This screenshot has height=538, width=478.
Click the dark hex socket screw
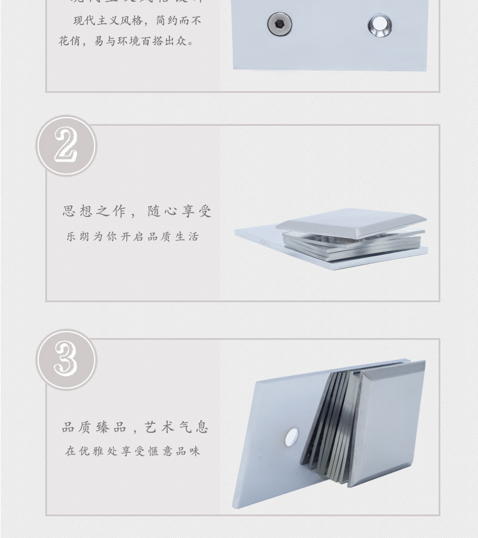coord(279,24)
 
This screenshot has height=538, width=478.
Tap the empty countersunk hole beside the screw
coord(380,25)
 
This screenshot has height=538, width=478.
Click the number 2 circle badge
coord(66,146)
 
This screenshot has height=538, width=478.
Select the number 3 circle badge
coord(66,360)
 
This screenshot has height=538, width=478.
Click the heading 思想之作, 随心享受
coord(137,211)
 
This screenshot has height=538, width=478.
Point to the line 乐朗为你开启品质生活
coord(133,237)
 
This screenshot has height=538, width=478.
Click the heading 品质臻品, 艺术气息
coord(136,427)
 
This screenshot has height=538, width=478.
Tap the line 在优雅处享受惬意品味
coord(133,452)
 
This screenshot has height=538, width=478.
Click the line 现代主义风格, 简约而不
coord(137,21)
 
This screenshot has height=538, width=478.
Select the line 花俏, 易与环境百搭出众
coord(127,41)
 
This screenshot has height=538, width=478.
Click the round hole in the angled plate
coord(291,436)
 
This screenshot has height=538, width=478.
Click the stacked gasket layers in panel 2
coord(353,245)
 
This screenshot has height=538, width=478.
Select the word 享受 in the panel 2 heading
coord(195,211)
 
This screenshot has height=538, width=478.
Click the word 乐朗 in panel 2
coord(77,237)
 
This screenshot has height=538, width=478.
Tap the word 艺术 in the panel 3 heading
coord(160,427)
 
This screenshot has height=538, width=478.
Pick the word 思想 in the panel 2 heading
coord(77,211)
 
